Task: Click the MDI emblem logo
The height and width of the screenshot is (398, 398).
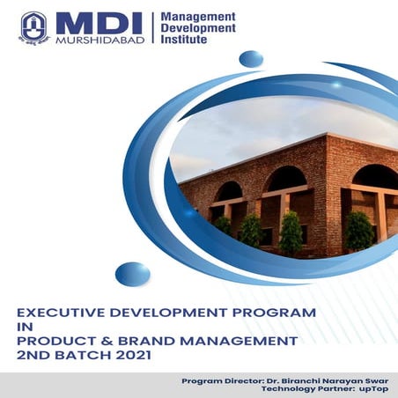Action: click(x=33, y=27)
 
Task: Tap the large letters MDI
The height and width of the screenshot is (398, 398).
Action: click(x=92, y=22)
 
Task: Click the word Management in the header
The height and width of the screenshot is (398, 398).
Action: click(x=199, y=17)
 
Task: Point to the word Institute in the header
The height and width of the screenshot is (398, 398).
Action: click(x=188, y=40)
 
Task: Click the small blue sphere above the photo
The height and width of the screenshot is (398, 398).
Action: click(x=251, y=59)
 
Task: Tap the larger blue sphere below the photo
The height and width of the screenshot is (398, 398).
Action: click(x=132, y=274)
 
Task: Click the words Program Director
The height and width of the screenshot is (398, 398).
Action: click(x=221, y=380)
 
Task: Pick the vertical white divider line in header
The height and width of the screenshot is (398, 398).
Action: click(x=154, y=28)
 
